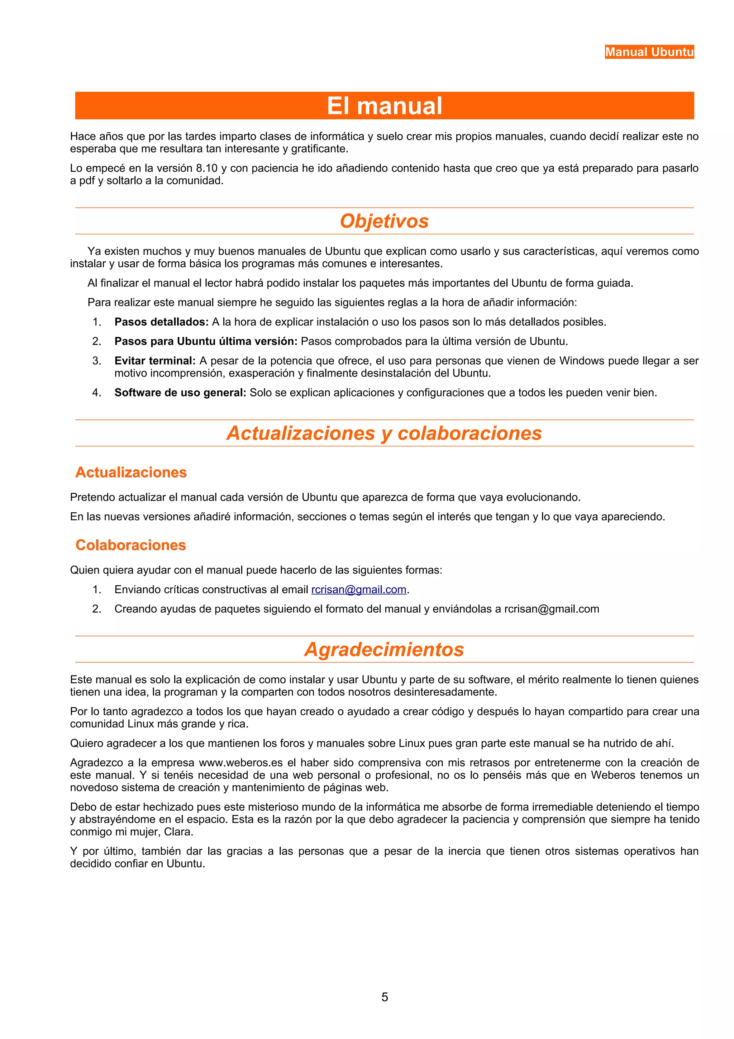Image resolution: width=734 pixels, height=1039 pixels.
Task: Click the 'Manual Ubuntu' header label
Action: coord(649,52)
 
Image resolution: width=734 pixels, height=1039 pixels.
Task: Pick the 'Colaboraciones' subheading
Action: coord(131,545)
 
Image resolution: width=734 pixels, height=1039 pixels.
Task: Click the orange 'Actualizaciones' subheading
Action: coord(131,472)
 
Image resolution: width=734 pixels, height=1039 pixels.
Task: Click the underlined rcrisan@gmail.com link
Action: coord(359,590)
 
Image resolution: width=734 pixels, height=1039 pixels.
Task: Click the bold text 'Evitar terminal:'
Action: coord(155,361)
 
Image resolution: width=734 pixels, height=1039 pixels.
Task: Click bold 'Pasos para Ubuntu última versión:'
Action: coord(206,341)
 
